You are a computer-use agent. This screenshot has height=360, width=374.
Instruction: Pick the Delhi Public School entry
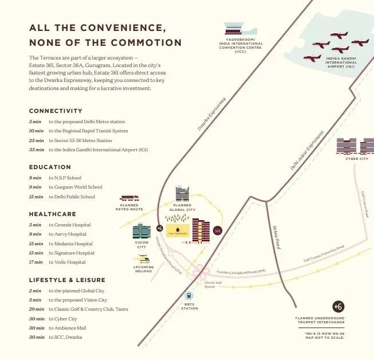[x=72, y=197]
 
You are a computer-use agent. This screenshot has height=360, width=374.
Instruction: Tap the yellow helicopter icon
[x=141, y=259]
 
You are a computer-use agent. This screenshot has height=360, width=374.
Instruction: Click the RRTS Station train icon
[x=190, y=296]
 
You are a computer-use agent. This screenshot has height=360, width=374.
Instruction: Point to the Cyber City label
[x=357, y=159]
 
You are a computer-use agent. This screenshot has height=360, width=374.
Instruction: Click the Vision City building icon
[x=141, y=232]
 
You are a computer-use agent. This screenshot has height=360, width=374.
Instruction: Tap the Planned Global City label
[x=182, y=208]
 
